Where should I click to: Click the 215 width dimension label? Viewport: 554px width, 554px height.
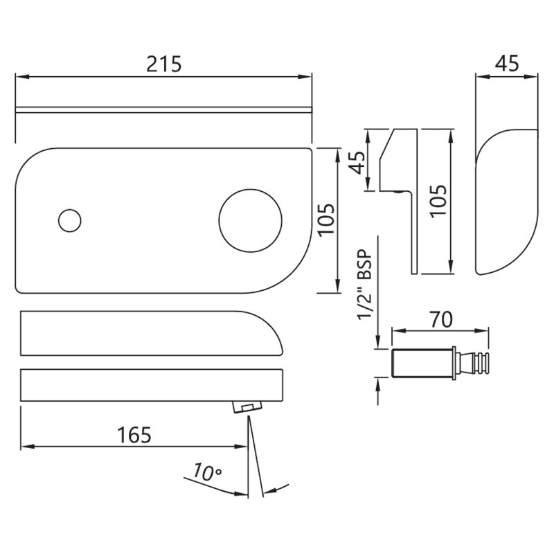click(x=164, y=64)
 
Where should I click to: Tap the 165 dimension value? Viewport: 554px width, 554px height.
click(x=134, y=435)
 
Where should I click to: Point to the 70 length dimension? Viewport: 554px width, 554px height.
click(x=442, y=319)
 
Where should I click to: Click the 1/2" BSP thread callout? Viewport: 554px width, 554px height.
click(x=365, y=285)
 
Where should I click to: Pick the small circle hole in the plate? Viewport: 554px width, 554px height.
click(x=70, y=220)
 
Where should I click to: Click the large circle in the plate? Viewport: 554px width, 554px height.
click(x=251, y=220)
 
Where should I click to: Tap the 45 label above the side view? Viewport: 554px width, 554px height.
click(x=507, y=64)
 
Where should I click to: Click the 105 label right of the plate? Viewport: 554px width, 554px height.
click(x=325, y=219)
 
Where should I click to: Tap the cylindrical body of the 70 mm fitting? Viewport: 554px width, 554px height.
click(x=422, y=363)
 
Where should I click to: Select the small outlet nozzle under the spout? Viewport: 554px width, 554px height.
click(x=247, y=406)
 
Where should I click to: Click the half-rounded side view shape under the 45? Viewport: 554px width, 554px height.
click(x=506, y=202)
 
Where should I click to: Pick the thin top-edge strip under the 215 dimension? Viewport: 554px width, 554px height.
click(x=163, y=110)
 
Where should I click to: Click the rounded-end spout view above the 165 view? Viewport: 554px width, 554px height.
click(x=152, y=333)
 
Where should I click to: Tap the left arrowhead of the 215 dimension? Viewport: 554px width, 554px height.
click(x=22, y=77)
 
